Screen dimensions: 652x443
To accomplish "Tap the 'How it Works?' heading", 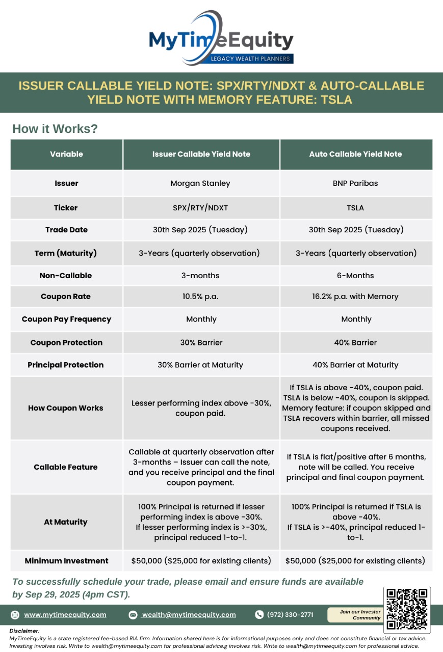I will [55, 129].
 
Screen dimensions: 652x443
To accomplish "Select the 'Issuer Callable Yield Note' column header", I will [201, 154].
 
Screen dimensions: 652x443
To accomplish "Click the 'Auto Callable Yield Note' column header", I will [355, 154].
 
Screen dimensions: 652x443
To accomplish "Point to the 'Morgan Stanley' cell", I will [200, 183].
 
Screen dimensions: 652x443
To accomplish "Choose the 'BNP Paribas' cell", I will [355, 183].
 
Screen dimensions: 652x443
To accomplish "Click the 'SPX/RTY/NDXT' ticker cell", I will [201, 208].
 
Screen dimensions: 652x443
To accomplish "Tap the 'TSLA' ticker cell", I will [356, 208].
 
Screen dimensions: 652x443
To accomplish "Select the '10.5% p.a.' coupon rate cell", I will [200, 296].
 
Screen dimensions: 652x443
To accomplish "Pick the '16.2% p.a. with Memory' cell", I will [356, 296].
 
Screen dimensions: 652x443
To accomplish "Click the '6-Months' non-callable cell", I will [356, 276].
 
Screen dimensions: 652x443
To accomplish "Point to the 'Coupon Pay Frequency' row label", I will [66, 319].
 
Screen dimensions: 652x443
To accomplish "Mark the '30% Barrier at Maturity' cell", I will [200, 365].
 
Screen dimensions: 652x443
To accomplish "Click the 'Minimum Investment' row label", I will [66, 561].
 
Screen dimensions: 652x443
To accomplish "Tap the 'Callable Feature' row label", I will [66, 467].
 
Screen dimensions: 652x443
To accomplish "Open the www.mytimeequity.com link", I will [65, 615].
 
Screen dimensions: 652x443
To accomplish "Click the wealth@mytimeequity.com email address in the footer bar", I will [189, 615].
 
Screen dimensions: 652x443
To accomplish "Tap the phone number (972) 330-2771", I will [290, 615].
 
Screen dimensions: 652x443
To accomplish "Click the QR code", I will [406, 609].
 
